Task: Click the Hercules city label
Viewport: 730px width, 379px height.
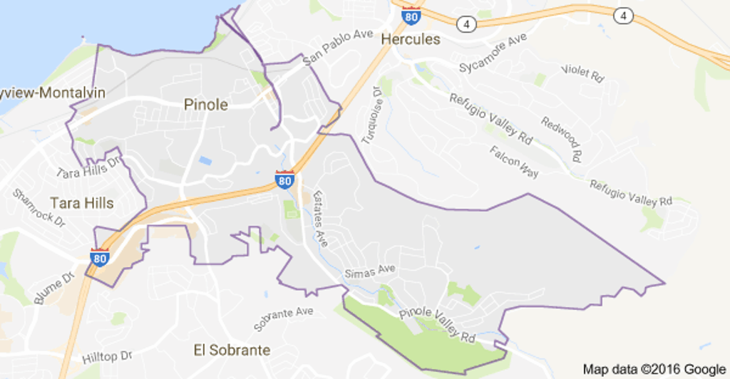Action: [411, 39]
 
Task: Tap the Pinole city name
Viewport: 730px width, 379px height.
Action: [206, 105]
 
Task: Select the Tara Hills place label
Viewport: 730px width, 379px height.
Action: [82, 203]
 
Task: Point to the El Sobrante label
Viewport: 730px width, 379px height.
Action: [232, 350]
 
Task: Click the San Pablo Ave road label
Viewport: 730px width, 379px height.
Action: [339, 48]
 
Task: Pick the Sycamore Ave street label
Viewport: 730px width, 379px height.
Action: [493, 52]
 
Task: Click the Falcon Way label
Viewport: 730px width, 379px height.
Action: [513, 157]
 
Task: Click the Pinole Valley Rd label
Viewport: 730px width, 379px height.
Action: [437, 325]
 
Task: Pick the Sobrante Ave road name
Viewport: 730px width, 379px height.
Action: [284, 319]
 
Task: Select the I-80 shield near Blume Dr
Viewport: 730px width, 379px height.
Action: [100, 257]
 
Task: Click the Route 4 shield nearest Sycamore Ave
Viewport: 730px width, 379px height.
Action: [467, 24]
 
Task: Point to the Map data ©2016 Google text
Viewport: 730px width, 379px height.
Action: [653, 369]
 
